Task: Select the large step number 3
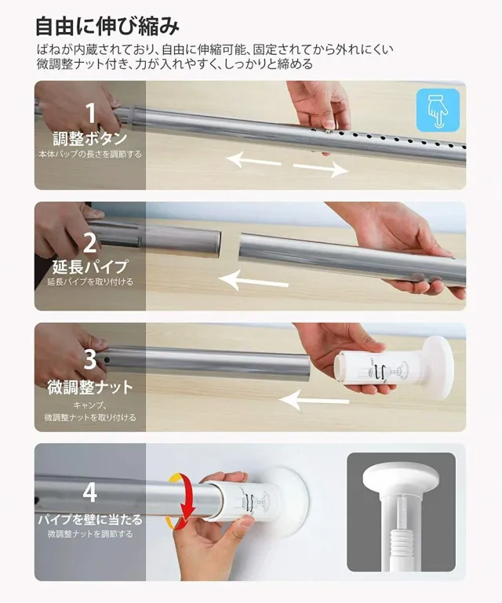(90, 359)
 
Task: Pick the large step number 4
(90, 492)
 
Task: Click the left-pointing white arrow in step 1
(253, 160)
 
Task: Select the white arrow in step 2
(256, 278)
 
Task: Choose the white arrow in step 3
(314, 401)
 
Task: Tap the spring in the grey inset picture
(401, 543)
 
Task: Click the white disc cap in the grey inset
(401, 478)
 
